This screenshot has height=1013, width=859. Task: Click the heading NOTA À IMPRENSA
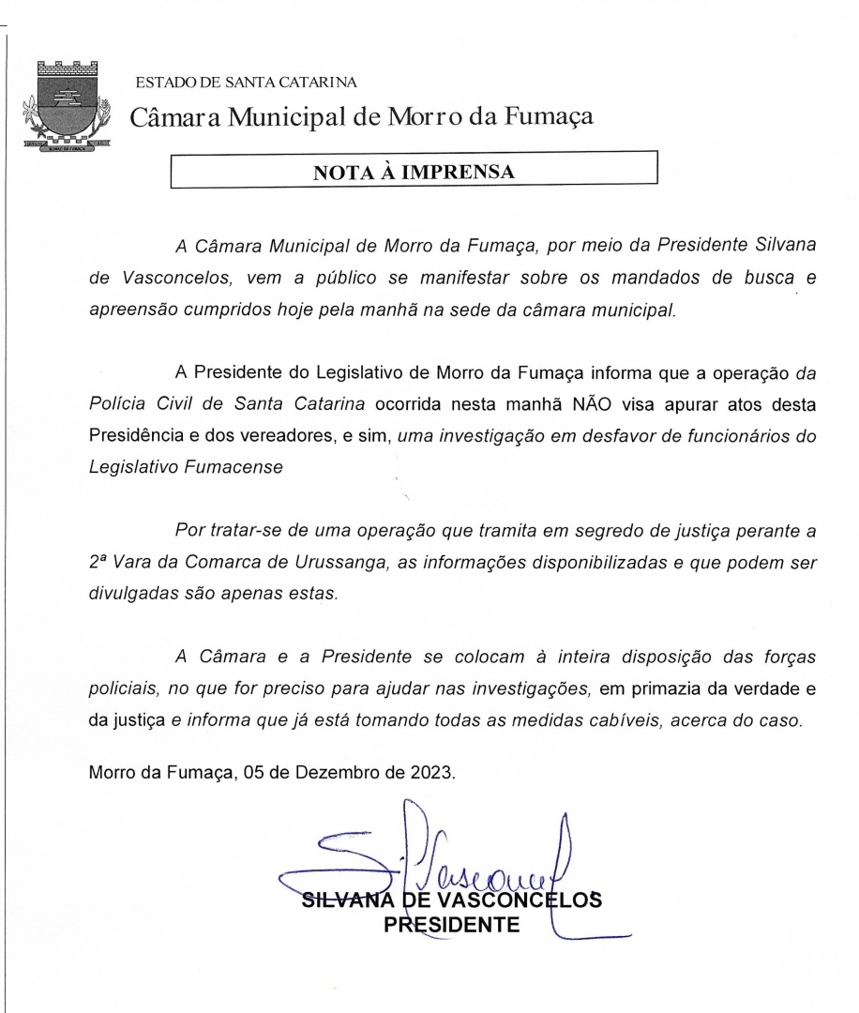pyautogui.click(x=414, y=172)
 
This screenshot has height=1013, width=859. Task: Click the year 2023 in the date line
pyautogui.click(x=429, y=773)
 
